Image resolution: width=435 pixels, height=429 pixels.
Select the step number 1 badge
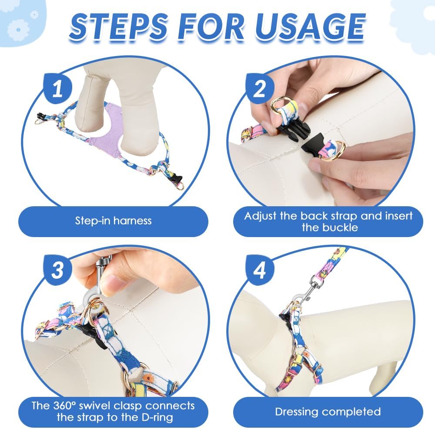57,89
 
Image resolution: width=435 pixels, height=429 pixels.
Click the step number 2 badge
259,89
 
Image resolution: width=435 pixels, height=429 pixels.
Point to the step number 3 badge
57,270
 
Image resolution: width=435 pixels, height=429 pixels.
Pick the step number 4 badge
259,270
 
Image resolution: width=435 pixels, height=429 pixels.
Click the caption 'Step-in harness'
113,221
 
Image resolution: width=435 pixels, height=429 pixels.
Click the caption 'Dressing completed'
328,412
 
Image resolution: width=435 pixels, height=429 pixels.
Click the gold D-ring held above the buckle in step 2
280,103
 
